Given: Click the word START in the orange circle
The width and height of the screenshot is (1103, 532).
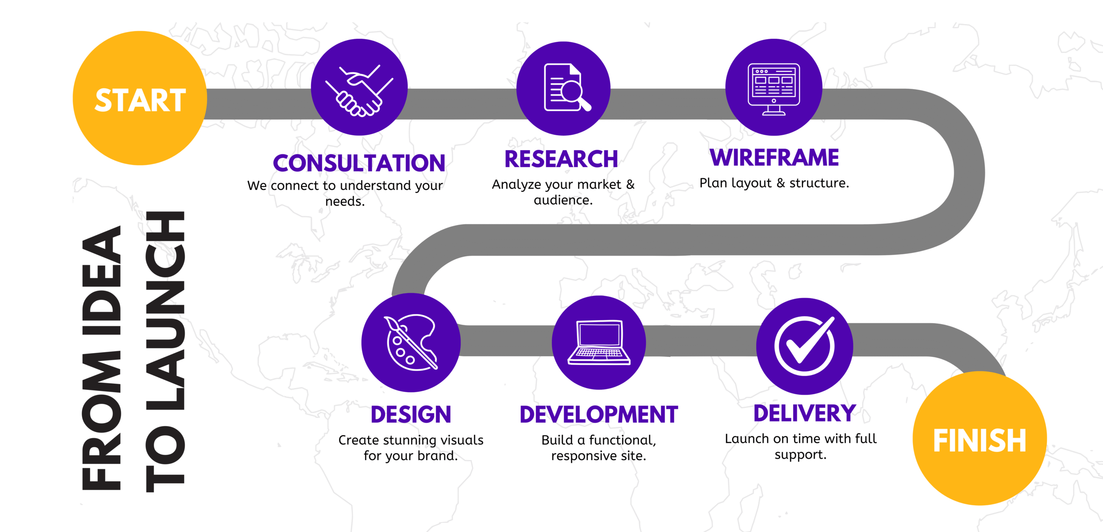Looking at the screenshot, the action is pyautogui.click(x=140, y=100).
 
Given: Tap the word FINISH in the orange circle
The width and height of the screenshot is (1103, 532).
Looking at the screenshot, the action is pyautogui.click(x=979, y=441).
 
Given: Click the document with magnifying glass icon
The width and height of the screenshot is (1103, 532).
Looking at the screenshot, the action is pyautogui.click(x=567, y=87).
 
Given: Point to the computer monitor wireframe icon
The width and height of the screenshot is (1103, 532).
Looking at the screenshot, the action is pyautogui.click(x=774, y=90).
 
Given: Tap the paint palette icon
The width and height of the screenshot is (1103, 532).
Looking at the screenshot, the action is pyautogui.click(x=411, y=342).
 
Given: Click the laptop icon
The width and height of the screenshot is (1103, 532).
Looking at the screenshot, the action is pyautogui.click(x=599, y=342).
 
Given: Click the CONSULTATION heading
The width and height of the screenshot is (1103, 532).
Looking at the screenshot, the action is pyautogui.click(x=359, y=163).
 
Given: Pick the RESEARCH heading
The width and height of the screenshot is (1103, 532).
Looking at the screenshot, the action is pyautogui.click(x=561, y=159).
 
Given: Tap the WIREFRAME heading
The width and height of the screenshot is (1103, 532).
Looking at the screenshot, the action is pyautogui.click(x=774, y=157).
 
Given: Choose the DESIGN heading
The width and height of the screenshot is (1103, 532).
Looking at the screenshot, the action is pyautogui.click(x=411, y=414).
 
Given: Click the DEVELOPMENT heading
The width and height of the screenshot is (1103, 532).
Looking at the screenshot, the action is pyautogui.click(x=599, y=414).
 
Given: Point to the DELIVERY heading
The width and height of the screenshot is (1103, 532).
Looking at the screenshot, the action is pyautogui.click(x=804, y=413).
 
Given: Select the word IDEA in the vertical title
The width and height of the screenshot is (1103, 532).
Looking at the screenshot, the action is pyautogui.click(x=101, y=280).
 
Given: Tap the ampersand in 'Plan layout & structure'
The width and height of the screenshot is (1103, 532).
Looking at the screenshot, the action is pyautogui.click(x=781, y=183).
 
